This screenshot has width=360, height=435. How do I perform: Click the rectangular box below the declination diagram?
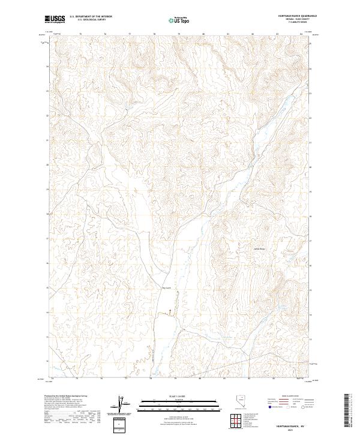(x=120, y=424)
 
